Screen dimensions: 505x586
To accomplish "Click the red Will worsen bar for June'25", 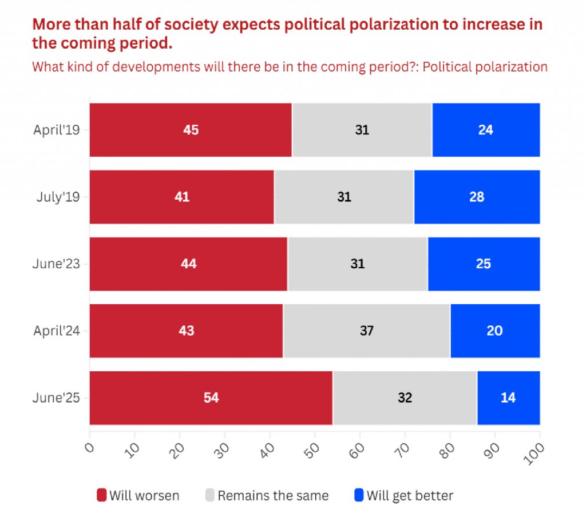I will pos(211,397).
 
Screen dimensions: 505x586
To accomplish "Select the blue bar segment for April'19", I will pos(486,130).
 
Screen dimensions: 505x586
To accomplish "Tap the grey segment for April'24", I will pos(367,331).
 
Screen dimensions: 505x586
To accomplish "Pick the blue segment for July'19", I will pos(477,197).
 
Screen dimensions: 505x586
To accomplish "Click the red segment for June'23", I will pos(188,264).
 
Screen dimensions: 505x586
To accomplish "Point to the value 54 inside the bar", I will pos(211,397).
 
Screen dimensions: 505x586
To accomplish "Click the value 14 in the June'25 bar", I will pos(508,397).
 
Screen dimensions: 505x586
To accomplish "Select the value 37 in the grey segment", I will pos(367,331).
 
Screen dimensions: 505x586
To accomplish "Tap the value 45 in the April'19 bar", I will pos(191,130).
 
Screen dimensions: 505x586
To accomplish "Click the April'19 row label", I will pos(56,130).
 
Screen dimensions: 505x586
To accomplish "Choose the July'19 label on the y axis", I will pos(60,197).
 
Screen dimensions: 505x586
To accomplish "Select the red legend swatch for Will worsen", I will pos(102,495).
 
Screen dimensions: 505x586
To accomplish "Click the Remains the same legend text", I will pos(273,495).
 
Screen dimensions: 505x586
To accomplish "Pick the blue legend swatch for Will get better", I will pos(359,495).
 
